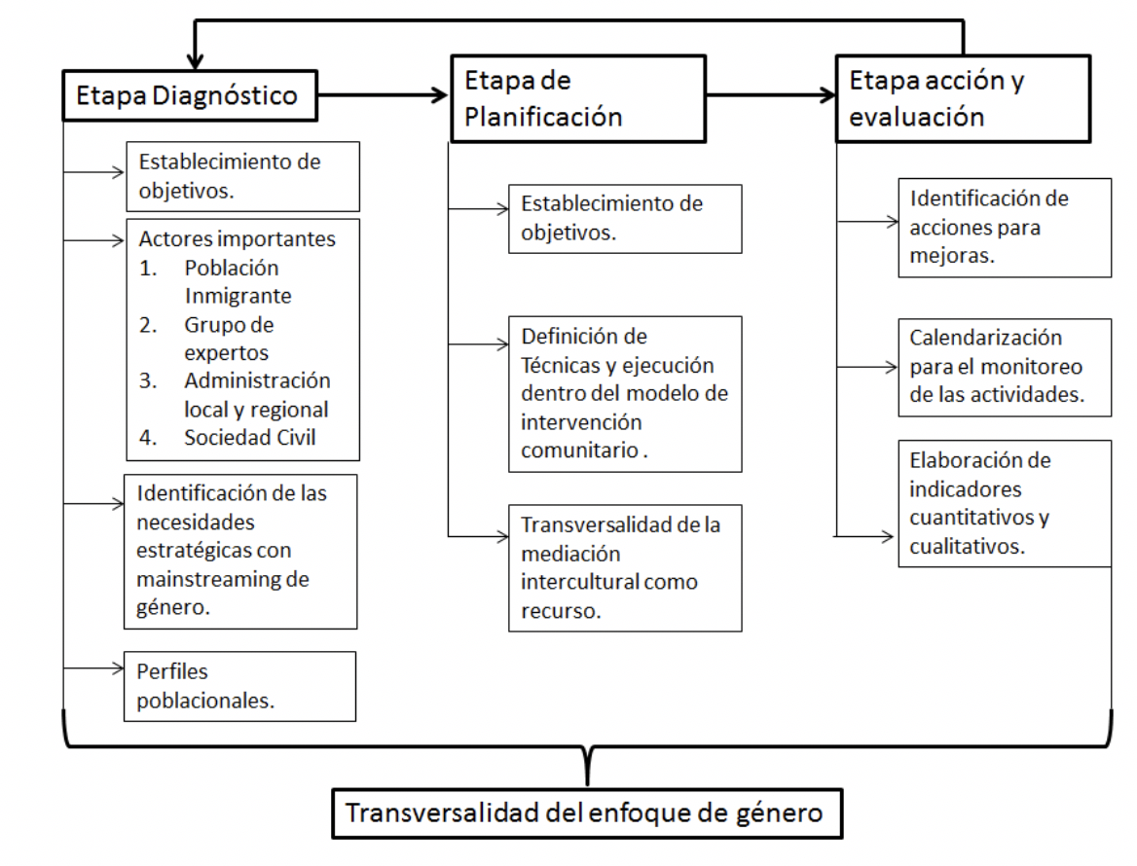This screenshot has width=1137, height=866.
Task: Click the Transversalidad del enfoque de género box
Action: click(588, 812)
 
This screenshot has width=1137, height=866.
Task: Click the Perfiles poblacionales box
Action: click(239, 686)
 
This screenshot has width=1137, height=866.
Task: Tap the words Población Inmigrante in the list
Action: click(238, 281)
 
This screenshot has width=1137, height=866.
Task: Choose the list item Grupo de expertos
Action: click(229, 338)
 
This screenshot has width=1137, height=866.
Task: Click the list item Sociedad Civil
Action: click(250, 437)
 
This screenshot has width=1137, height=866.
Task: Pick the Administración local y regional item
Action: click(257, 394)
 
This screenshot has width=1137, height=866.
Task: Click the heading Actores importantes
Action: click(238, 238)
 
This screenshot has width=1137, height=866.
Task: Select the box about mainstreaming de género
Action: click(239, 551)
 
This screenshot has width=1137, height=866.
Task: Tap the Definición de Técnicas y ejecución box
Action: click(625, 393)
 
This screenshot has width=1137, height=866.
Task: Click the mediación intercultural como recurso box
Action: click(625, 567)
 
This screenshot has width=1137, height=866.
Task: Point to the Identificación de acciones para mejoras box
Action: click(1004, 227)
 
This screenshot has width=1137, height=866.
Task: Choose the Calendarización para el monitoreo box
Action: click(1004, 367)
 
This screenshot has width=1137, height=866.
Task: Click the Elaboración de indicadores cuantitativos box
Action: click(1004, 503)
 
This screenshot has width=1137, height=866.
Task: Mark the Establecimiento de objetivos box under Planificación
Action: click(625, 218)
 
